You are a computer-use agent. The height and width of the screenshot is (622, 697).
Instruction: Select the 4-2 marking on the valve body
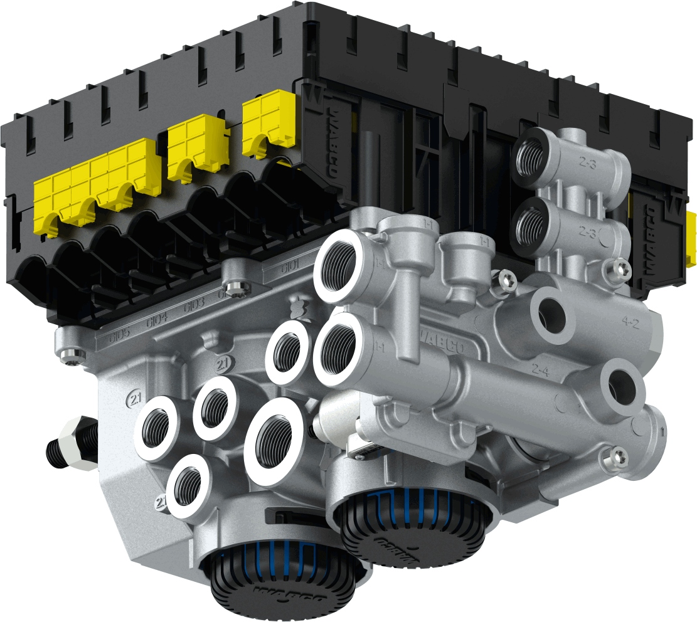coord(630,323)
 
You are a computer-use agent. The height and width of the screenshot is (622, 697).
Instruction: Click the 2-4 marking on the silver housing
coord(540,369)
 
